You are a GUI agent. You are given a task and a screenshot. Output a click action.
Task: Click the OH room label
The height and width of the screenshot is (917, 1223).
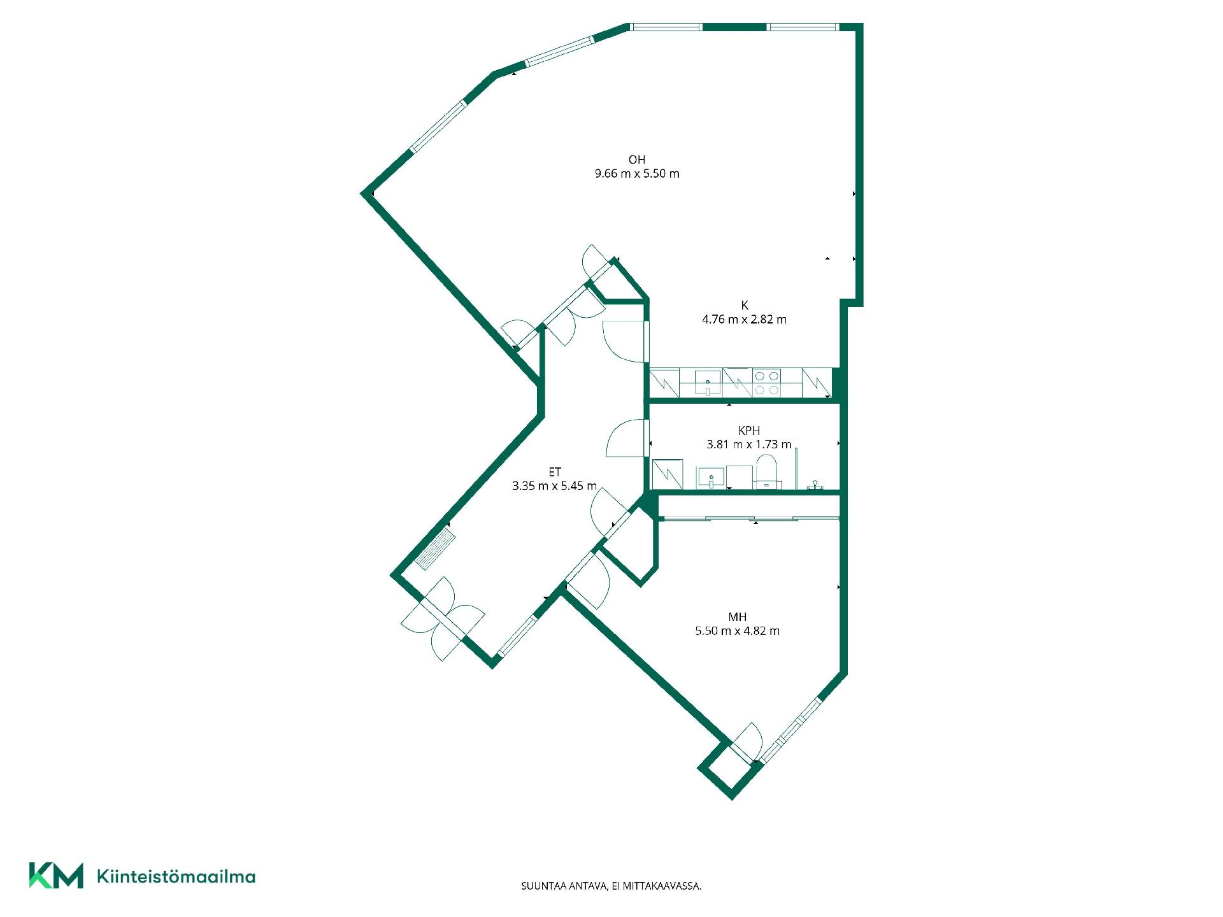(x=637, y=160)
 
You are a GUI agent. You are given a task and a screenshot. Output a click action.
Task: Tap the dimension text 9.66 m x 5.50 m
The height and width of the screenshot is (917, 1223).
(x=637, y=174)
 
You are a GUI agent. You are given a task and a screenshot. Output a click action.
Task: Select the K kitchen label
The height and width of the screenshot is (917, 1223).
(x=745, y=306)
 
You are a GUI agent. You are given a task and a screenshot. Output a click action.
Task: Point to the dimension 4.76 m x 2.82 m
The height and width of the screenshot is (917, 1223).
(x=745, y=320)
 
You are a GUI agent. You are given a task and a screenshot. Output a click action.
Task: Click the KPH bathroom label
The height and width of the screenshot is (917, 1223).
(x=749, y=430)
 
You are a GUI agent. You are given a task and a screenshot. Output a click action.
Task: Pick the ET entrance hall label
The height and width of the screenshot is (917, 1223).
(x=555, y=472)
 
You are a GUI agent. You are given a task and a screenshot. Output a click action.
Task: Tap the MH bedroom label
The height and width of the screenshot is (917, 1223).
(x=738, y=617)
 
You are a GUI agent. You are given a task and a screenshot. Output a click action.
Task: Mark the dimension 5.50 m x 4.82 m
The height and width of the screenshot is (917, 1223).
(x=738, y=631)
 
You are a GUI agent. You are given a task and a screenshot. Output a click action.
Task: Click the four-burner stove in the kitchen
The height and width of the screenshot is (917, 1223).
(x=767, y=383)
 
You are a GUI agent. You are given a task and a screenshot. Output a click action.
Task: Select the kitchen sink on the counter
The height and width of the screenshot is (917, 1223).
(x=708, y=383)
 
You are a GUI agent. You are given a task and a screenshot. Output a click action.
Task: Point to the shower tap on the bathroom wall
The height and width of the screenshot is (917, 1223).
(x=813, y=486)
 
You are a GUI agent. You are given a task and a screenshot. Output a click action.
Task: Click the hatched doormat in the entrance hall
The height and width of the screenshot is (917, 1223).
(x=435, y=548)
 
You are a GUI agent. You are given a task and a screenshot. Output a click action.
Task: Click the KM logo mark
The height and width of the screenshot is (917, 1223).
(x=56, y=876)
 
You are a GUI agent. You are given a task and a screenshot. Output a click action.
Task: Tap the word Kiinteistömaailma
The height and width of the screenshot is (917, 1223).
(x=176, y=877)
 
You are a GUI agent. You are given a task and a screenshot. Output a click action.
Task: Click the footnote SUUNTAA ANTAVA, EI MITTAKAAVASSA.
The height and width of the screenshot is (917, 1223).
(x=611, y=886)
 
